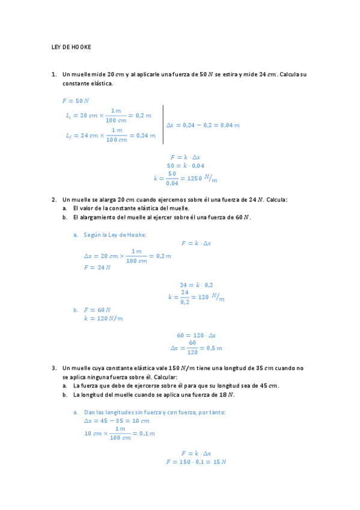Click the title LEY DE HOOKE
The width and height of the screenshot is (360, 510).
point(71,47)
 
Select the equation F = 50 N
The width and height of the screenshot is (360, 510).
point(75,100)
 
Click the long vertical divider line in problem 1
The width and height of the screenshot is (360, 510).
point(163,124)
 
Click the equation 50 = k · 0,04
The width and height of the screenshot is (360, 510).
point(186,165)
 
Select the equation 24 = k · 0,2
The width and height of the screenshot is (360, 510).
point(196,284)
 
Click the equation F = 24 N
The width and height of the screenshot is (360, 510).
point(97,267)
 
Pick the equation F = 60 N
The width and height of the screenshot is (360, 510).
point(97,309)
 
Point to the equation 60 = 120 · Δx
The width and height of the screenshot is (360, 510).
point(196,335)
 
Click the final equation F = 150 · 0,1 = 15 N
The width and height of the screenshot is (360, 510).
point(196,462)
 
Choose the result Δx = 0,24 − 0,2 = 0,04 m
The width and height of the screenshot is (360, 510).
point(203,124)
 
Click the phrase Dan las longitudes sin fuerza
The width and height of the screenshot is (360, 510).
point(129,413)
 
